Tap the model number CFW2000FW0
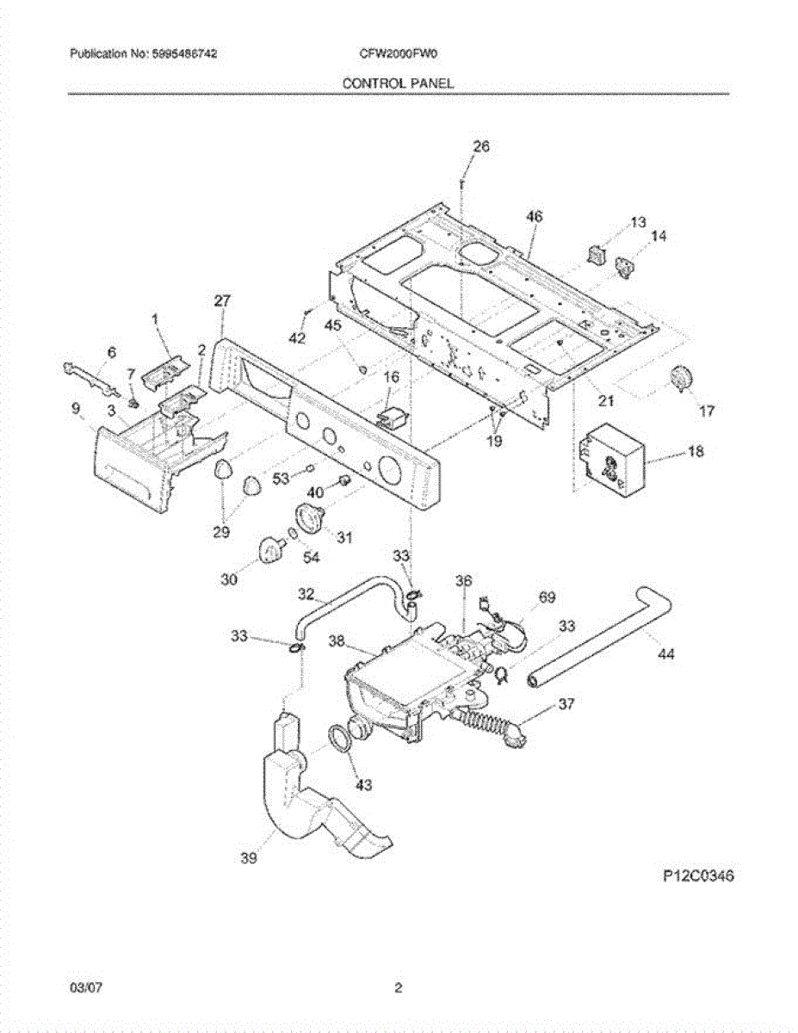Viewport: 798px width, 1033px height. click(399, 53)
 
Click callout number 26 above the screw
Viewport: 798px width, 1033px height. click(480, 147)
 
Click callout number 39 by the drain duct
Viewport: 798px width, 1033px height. click(250, 858)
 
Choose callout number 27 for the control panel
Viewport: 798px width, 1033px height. click(222, 300)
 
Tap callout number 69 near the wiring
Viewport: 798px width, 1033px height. click(547, 597)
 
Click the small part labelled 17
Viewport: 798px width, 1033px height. click(682, 378)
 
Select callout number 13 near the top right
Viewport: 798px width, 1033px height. click(637, 222)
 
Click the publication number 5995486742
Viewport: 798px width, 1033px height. click(181, 53)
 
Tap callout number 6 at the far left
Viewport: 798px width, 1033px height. click(110, 352)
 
